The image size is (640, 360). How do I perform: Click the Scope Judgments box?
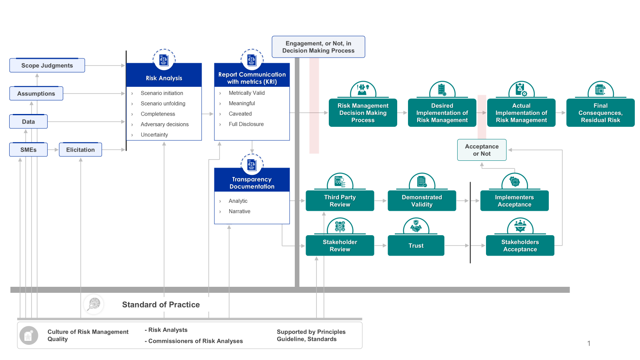pos(47,66)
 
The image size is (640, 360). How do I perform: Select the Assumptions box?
pos(36,94)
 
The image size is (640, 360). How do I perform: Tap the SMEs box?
pos(28,150)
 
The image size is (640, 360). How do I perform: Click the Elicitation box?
pos(80,150)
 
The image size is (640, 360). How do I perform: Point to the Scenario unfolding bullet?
pos(163,104)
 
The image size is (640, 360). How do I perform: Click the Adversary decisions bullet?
pos(164,124)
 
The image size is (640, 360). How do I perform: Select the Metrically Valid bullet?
pos(246,93)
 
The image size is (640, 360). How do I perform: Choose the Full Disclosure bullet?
pos(246,124)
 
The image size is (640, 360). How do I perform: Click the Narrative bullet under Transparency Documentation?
pos(239,211)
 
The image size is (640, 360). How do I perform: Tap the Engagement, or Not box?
pos(318,47)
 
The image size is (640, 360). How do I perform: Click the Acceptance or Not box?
pos(482,150)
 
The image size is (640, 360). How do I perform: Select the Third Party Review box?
pos(340,201)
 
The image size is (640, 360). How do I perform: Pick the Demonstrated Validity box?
pos(422,201)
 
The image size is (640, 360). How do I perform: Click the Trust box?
pos(416,246)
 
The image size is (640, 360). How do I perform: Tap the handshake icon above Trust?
pos(416,227)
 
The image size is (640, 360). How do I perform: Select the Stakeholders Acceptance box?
pos(520,246)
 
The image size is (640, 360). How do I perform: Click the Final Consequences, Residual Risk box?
pos(600,113)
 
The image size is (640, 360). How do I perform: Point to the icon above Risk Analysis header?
pos(164,60)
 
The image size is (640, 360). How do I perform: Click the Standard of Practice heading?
pos(161,305)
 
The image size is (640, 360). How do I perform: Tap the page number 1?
pos(588,343)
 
